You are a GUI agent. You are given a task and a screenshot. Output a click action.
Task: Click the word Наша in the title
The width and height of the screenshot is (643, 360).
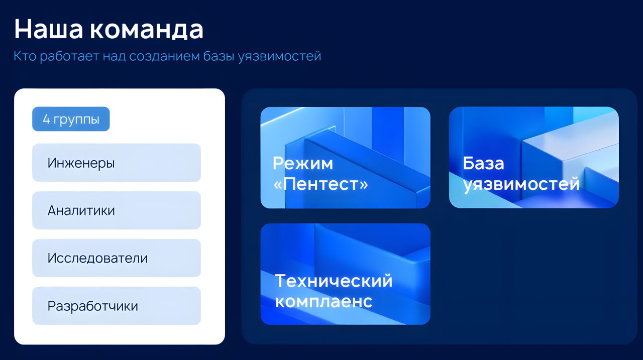[x=49, y=29]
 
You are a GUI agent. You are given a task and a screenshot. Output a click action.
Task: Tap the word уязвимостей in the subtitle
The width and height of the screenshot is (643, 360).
[x=279, y=56]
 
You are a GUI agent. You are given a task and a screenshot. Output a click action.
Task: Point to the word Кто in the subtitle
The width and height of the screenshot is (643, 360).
[x=25, y=56]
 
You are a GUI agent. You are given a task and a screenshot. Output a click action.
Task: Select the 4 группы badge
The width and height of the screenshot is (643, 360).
[x=71, y=119]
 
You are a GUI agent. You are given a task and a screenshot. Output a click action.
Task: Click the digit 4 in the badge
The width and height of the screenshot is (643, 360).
[x=46, y=119]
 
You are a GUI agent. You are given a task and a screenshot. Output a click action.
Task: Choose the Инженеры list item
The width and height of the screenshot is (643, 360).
[x=116, y=163]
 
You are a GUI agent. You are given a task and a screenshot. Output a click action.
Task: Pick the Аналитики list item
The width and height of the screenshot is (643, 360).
[x=116, y=210]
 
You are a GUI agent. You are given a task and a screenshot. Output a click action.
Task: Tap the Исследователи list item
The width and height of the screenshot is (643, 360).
[x=116, y=258]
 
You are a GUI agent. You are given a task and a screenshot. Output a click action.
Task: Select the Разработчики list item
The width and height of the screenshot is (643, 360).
[x=116, y=306]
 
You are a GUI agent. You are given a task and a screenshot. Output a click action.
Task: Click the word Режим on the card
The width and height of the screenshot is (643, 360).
[x=303, y=164]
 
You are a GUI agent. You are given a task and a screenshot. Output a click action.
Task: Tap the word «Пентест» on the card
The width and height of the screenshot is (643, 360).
[x=320, y=184]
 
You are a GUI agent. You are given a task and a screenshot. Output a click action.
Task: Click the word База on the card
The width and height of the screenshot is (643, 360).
[x=483, y=163]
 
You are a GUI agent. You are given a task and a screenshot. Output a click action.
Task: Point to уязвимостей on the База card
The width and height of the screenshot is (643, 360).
[x=521, y=184]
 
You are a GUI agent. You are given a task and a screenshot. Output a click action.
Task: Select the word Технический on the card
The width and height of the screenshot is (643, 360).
[x=334, y=281]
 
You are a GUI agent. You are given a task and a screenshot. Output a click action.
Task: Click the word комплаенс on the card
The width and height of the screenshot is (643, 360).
[x=324, y=301]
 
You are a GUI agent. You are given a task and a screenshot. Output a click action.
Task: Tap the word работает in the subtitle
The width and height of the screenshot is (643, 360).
[x=69, y=56]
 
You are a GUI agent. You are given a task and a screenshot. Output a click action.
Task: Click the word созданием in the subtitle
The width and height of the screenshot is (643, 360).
[x=164, y=56]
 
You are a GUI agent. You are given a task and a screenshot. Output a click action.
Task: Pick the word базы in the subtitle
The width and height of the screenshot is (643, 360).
[x=219, y=56]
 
